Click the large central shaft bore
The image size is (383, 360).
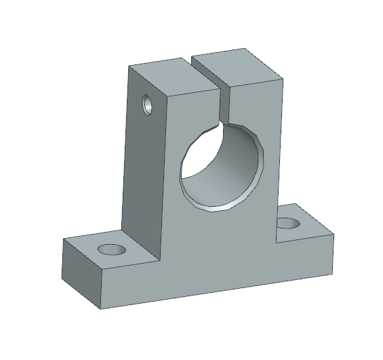(220, 166)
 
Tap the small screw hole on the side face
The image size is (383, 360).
(147, 105)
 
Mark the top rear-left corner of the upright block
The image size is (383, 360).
(129, 66)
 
